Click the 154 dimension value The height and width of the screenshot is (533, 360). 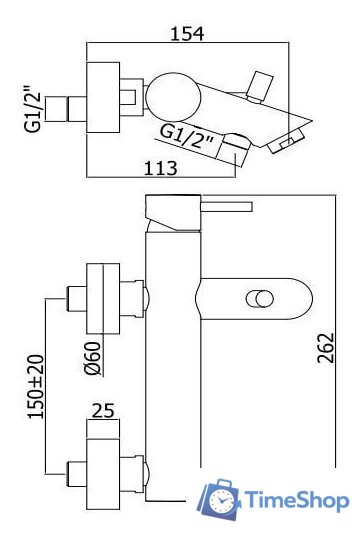tap(187, 34)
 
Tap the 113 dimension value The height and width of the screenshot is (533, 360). tap(161, 168)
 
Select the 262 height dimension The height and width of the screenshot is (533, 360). tap(326, 348)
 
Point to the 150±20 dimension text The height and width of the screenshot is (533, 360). tap(36, 386)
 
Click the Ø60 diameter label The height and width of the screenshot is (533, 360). tap(92, 358)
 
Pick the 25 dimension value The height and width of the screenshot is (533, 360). tap(103, 410)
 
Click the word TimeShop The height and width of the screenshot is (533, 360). tap(296, 500)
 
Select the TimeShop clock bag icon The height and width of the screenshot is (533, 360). tap(218, 499)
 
